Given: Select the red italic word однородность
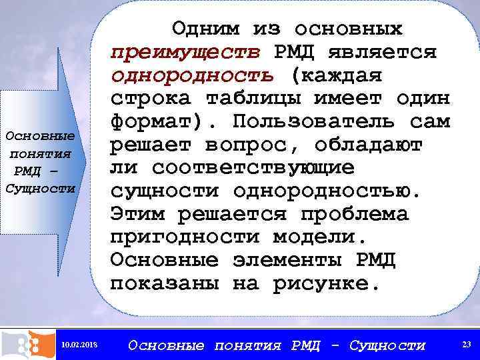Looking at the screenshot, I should tap(192, 76).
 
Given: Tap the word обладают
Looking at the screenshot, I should tap(367, 145).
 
